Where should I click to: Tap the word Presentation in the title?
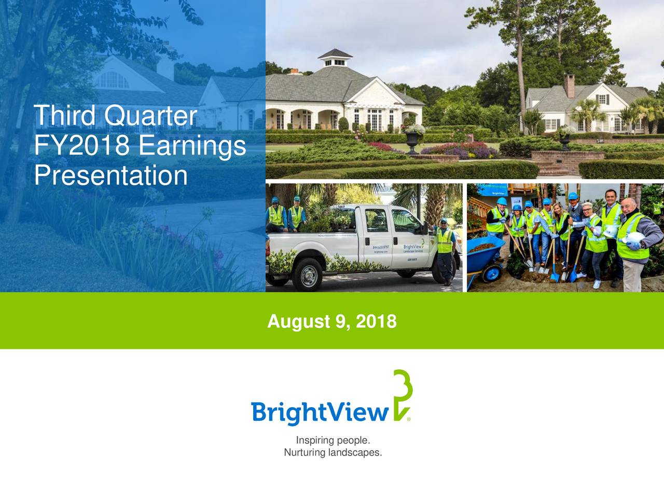110,175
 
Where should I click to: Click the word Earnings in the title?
191,146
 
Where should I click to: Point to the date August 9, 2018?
332,322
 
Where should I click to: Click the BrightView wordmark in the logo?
320,413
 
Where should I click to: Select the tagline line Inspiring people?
333,440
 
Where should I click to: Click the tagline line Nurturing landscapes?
333,453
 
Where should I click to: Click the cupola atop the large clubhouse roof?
335,58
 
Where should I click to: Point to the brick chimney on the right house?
570,86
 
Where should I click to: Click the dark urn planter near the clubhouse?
412,141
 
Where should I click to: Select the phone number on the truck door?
380,247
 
